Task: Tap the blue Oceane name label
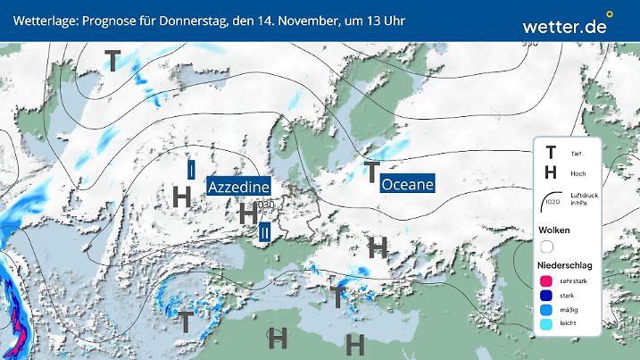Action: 407,184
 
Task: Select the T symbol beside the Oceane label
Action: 371,172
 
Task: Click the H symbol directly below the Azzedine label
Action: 248,213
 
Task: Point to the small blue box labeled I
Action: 191,170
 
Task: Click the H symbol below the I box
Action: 183,196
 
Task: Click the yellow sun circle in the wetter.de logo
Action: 610,14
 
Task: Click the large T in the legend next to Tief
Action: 551,152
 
